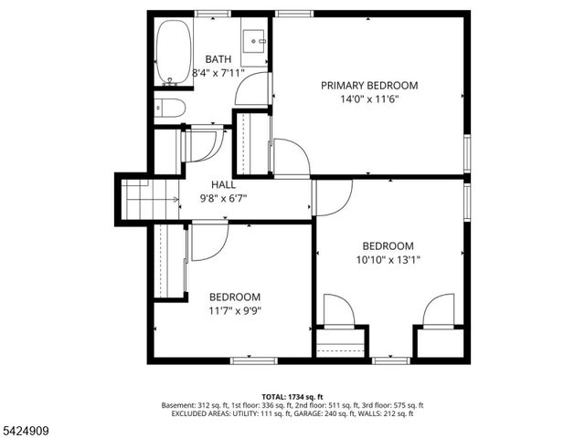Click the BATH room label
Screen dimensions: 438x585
[x=218, y=59]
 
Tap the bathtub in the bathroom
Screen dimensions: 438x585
[x=172, y=52]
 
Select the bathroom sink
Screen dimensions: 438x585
[x=256, y=42]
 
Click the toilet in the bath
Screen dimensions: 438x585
[x=170, y=109]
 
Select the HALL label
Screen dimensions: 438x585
[x=223, y=183]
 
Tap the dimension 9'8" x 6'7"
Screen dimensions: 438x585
[x=223, y=198]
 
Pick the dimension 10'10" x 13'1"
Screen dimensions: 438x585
[x=388, y=260]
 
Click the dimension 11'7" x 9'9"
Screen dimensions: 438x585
[x=234, y=311]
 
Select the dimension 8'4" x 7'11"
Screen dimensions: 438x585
[x=218, y=74]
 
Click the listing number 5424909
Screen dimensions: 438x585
[x=31, y=427]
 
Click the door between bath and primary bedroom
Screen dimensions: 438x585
[x=254, y=89]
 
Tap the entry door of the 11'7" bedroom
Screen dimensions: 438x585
[x=208, y=241]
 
